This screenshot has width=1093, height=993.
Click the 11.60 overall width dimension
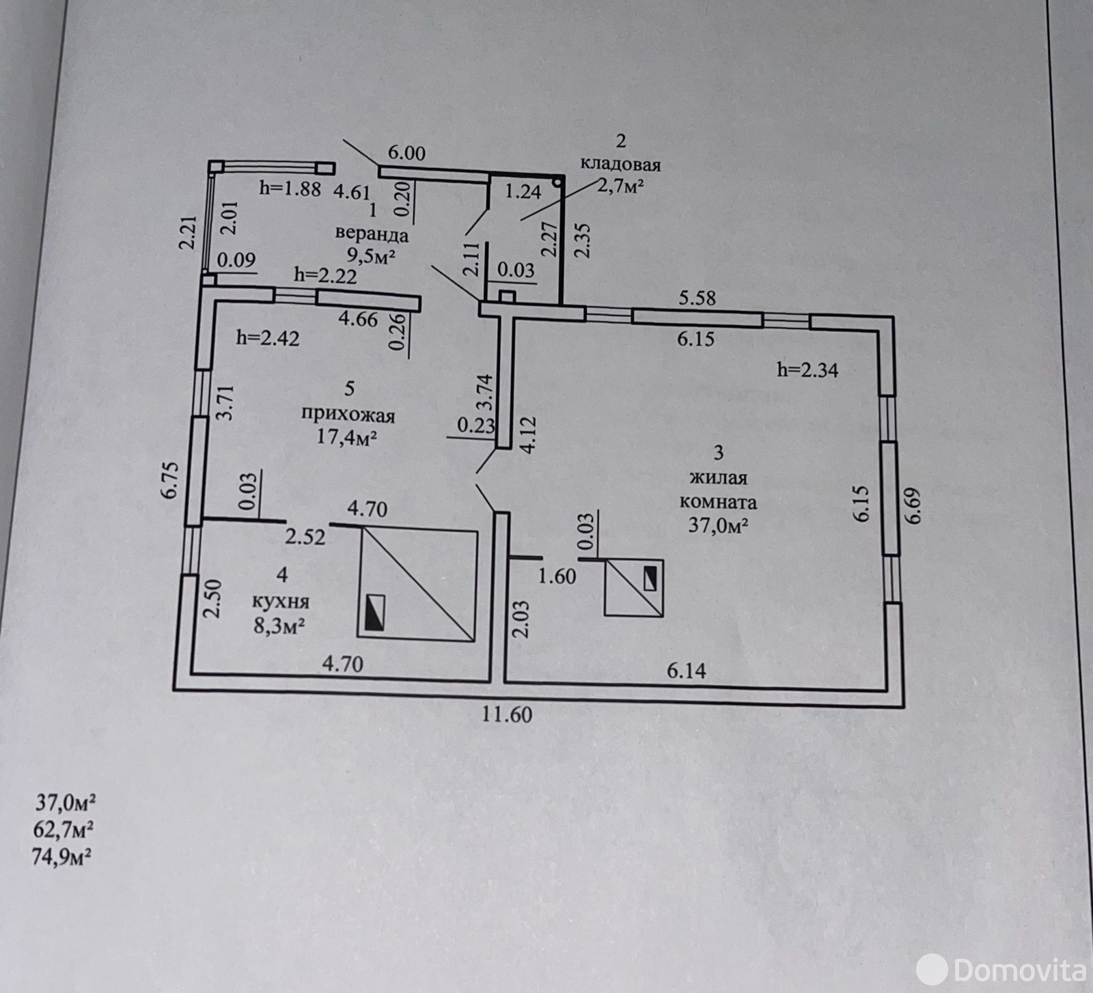[506, 714]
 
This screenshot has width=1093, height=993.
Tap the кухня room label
[281, 601]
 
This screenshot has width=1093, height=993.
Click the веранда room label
[372, 234]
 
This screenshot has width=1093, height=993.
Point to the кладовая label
[620, 165]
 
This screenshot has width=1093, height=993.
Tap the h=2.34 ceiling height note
[807, 370]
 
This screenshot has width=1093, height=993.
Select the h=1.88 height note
[290, 188]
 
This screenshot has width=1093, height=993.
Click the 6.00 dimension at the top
[406, 152]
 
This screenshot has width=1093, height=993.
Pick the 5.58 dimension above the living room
[697, 298]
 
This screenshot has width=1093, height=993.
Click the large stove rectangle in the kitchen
[417, 585]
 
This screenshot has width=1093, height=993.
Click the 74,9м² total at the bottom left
[62, 856]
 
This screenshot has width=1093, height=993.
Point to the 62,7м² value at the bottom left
[64, 830]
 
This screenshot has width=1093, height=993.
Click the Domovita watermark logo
[1001, 969]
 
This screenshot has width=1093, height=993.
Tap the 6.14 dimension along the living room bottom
[687, 671]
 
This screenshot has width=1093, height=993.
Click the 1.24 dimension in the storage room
[523, 192]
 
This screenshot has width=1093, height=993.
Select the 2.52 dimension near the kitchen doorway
[305, 537]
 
